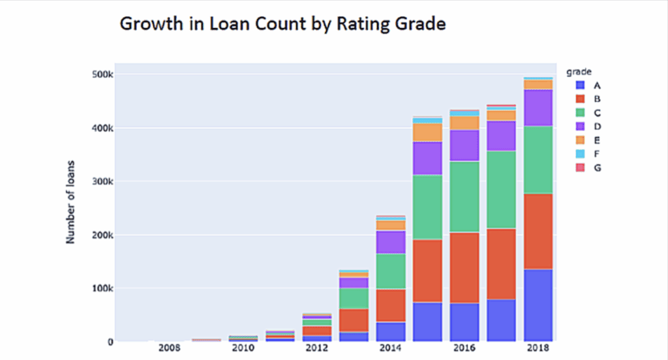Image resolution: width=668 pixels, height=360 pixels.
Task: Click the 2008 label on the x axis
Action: pos(169,349)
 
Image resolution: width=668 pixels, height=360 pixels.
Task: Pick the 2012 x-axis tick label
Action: pos(317,349)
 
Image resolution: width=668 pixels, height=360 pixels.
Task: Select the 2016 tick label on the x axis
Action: pos(464,349)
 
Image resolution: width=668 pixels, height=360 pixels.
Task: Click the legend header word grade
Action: pos(579,71)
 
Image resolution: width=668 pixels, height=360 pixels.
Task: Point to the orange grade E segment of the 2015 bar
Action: pos(427,132)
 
